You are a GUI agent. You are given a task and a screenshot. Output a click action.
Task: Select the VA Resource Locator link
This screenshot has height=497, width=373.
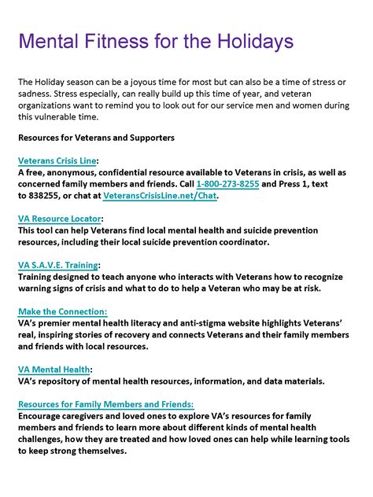coord(59,219)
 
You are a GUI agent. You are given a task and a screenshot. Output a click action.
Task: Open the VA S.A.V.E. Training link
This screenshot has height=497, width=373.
coord(58,265)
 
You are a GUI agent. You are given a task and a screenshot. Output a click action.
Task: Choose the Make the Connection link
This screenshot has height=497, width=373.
coord(62,311)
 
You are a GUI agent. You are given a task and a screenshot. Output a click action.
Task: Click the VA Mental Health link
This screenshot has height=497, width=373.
coord(54,369)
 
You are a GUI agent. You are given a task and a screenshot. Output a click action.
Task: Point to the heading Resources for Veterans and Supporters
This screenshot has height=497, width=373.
coord(95,138)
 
